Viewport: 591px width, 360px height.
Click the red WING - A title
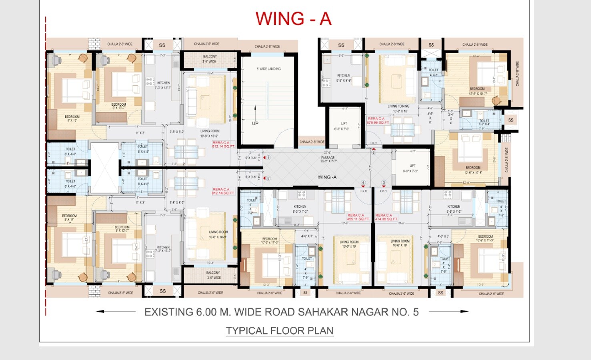pos(293,19)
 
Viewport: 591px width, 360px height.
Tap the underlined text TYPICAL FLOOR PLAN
pos(279,331)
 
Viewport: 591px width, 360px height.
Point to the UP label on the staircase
pos(255,123)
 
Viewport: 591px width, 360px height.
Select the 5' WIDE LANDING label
pos(268,69)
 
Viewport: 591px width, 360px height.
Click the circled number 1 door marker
pos(268,158)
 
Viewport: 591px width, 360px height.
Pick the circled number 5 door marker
pos(268,178)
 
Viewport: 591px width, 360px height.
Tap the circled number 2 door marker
pos(374,152)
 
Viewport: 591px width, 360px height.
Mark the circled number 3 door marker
pos(384,183)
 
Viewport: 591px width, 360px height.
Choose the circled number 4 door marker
pos(363,183)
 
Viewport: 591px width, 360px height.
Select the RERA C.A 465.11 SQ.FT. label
pos(358,217)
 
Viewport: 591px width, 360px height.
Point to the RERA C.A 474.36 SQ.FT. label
pos(386,217)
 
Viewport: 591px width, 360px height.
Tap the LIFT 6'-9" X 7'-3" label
pos(412,168)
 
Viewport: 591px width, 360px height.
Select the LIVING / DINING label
pos(398,106)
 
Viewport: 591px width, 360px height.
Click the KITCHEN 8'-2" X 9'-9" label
pos(343,78)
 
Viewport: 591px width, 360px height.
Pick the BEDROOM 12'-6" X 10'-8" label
pos(473,170)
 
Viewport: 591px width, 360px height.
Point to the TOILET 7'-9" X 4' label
pos(484,122)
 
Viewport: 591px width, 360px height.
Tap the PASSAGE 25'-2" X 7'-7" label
pos(328,159)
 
